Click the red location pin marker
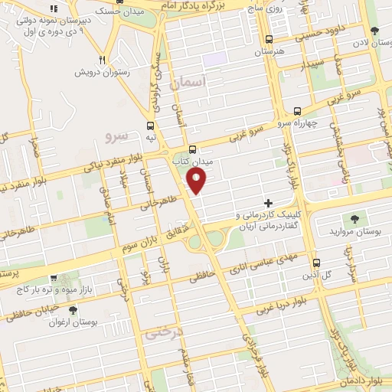tap(197, 181)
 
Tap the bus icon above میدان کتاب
tap(191, 150)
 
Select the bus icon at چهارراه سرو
tap(297, 110)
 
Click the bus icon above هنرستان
tap(268, 40)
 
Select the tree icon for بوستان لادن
tap(374, 31)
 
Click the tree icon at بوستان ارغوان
tap(73, 310)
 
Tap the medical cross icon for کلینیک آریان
tap(268, 203)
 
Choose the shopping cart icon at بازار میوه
tap(53, 280)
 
